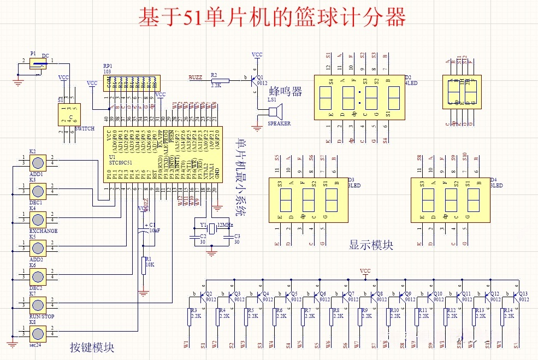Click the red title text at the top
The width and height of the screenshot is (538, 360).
271,18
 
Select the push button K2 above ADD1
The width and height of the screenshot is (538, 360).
38,162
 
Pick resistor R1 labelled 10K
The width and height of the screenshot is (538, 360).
144,264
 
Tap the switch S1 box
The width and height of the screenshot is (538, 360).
69,115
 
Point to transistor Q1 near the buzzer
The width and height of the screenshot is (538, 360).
253,80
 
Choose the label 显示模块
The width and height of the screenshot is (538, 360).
371,245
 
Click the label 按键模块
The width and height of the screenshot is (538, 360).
92,347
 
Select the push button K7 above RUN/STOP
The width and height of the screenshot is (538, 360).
38,303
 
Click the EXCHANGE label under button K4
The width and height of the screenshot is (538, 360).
43,231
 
